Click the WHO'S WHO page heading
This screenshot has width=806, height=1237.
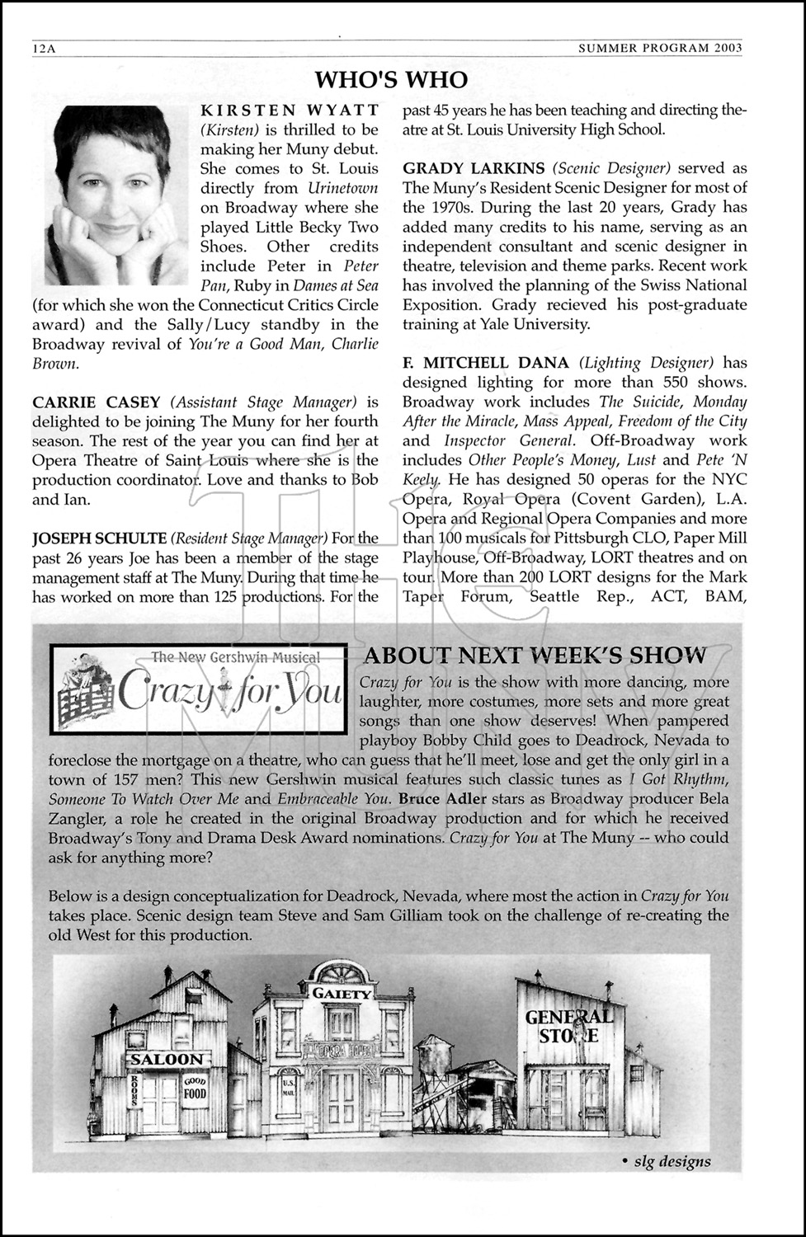tap(391, 79)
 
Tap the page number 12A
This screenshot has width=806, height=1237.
tap(43, 48)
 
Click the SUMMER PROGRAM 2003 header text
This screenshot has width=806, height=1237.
tap(660, 48)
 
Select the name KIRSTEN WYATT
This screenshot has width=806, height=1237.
tap(290, 110)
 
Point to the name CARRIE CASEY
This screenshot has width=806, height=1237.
tap(97, 402)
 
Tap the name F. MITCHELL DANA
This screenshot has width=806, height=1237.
tap(486, 363)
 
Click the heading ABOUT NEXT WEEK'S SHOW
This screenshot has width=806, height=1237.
tap(535, 656)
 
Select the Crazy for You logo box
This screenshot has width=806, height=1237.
tap(198, 688)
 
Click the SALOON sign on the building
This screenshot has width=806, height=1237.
tap(166, 1059)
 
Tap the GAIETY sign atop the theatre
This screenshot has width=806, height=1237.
tap(342, 994)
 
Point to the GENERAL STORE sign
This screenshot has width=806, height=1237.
tap(569, 1026)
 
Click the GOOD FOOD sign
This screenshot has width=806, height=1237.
tap(196, 1088)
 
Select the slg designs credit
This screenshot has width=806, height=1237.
tap(666, 1161)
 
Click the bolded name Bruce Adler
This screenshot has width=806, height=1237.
tap(442, 799)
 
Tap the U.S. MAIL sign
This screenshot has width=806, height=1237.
tap(289, 1087)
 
